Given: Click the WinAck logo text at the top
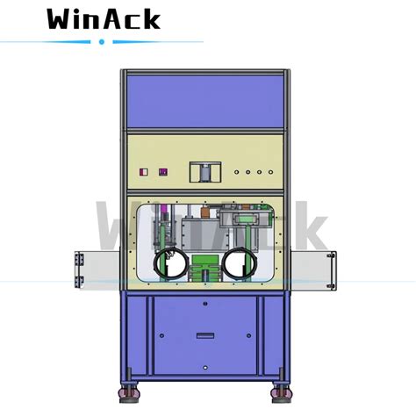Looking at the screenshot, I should (104, 19).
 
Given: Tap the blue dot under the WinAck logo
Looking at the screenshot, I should (102, 41).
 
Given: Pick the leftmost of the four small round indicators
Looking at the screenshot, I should (237, 172).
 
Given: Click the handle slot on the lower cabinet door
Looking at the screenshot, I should (204, 334).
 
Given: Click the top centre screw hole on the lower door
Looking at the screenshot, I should (204, 303).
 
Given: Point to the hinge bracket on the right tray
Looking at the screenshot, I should (331, 269).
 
